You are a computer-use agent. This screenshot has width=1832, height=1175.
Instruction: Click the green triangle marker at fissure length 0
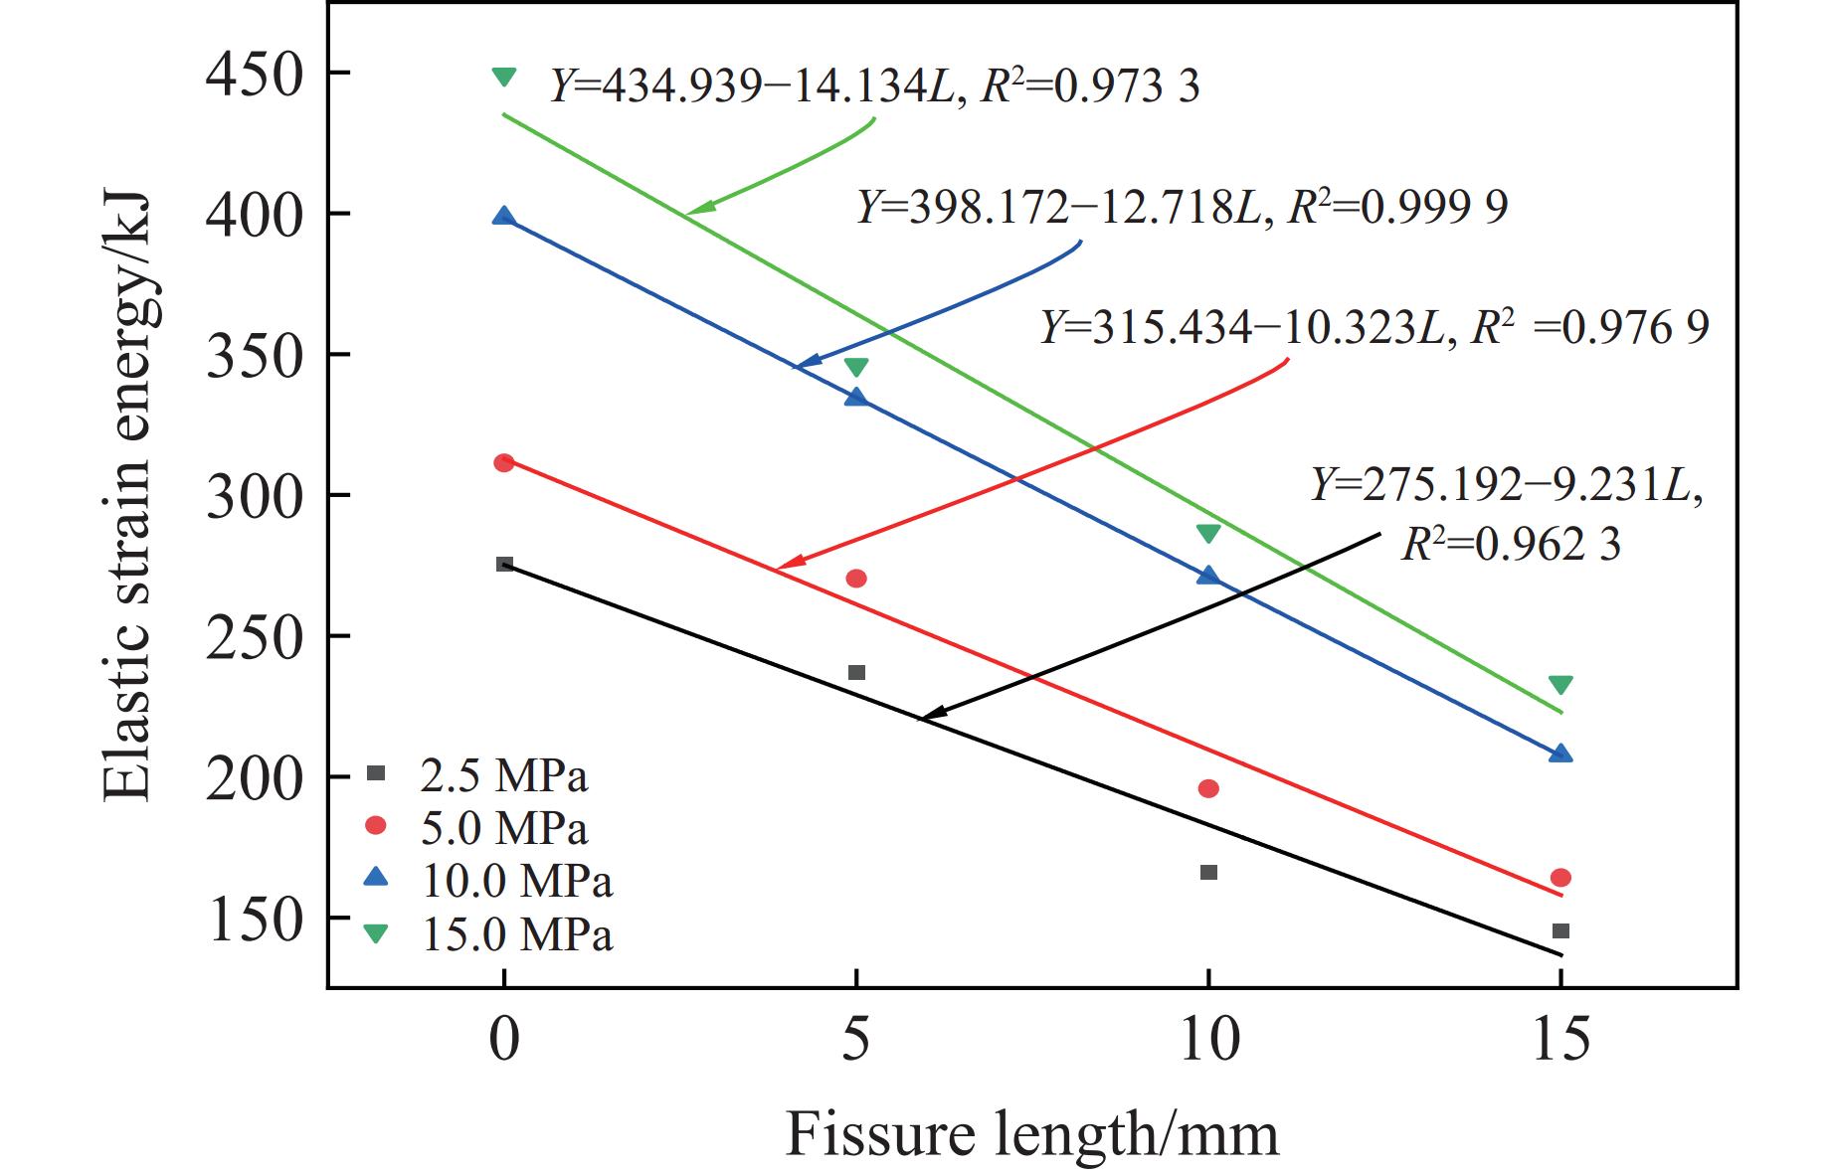click(x=504, y=77)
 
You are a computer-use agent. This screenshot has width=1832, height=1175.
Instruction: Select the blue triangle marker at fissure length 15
click(x=1560, y=754)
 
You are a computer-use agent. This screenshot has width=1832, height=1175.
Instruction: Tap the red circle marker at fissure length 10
click(x=1208, y=788)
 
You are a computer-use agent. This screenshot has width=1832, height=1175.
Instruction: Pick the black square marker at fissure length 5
click(x=856, y=673)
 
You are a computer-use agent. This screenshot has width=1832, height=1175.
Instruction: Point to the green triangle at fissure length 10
click(x=1208, y=534)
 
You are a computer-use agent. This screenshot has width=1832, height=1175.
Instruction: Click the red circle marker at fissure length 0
click(x=504, y=462)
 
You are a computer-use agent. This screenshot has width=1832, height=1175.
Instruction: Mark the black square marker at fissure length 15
click(x=1560, y=931)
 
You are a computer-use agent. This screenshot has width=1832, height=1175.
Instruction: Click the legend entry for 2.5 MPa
click(x=477, y=775)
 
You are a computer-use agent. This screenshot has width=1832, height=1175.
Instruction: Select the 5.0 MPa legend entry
click(x=477, y=827)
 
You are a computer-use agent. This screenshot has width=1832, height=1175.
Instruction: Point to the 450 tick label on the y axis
click(x=253, y=74)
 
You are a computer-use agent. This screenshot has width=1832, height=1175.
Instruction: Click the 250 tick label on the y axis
click(x=253, y=636)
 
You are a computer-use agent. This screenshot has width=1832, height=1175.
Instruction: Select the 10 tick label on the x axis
click(x=1207, y=1040)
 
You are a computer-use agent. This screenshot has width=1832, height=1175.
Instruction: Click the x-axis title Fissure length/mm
click(x=1031, y=1134)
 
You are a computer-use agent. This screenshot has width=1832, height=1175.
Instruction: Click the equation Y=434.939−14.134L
click(x=755, y=86)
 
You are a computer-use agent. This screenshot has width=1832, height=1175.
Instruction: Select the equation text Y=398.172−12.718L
click(x=1060, y=207)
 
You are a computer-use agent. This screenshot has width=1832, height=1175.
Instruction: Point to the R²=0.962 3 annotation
click(x=1511, y=543)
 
